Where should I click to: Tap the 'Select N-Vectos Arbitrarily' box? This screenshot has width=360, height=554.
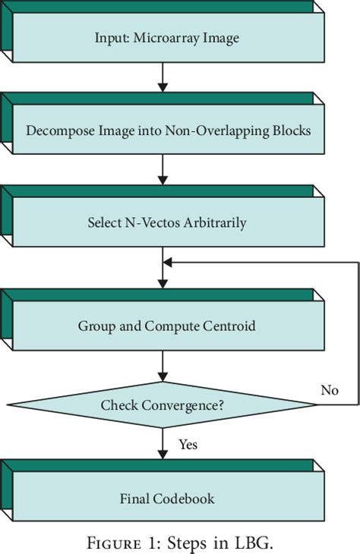click(163, 223)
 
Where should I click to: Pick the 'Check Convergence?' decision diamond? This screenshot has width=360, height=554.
click(163, 405)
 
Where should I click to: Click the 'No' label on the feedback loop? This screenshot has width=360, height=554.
click(330, 390)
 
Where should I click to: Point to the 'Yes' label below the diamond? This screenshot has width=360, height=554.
click(188, 444)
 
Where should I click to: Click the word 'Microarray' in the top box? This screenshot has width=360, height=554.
click(167, 38)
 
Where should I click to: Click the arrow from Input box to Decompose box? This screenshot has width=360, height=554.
click(163, 77)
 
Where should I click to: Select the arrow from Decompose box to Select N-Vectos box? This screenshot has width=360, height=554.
click(163, 170)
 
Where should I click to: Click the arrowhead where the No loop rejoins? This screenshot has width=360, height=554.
click(169, 263)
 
